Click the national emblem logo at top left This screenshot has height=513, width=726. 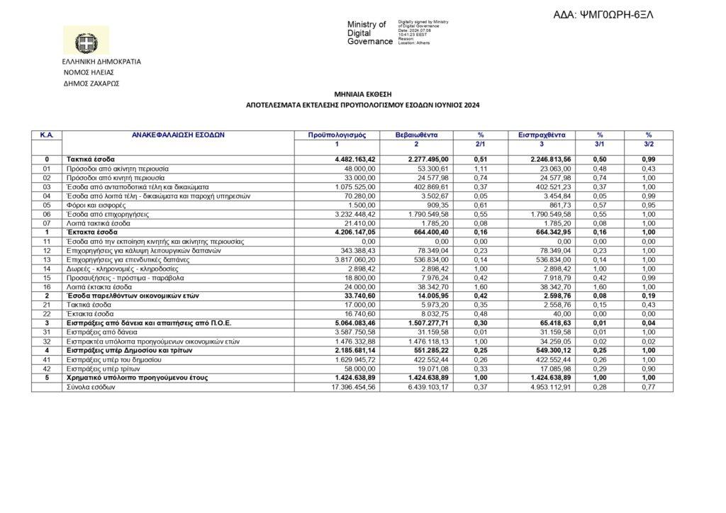pyautogui.click(x=86, y=41)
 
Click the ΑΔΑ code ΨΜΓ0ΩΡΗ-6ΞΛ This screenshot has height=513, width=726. pyautogui.click(x=603, y=15)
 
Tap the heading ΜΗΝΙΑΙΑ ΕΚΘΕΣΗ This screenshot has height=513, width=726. pyautogui.click(x=363, y=94)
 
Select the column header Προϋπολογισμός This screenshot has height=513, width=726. pyautogui.click(x=337, y=135)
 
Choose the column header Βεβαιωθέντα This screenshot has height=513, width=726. pyautogui.click(x=417, y=135)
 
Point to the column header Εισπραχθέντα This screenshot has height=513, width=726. pyautogui.click(x=537, y=135)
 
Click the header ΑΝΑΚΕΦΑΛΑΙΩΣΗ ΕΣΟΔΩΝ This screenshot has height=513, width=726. pyautogui.click(x=178, y=135)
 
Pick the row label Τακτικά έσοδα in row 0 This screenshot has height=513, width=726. pyautogui.click(x=91, y=159)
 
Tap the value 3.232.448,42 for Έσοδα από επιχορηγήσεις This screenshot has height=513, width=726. pyautogui.click(x=357, y=214)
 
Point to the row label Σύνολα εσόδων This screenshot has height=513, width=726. pyautogui.click(x=90, y=388)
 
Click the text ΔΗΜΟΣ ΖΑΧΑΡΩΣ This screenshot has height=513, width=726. pyautogui.click(x=91, y=83)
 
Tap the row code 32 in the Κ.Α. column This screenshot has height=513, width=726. pyautogui.click(x=47, y=342)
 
